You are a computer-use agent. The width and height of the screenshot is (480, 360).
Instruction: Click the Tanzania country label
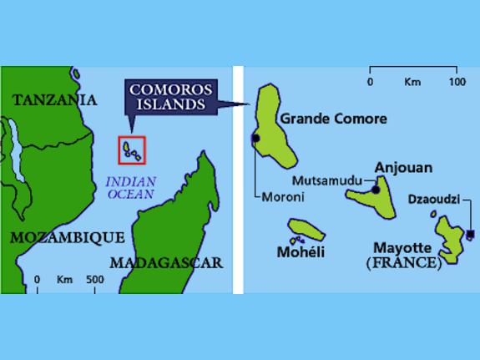(x=54, y=100)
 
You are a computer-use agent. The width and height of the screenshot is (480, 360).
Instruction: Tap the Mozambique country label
(x=68, y=238)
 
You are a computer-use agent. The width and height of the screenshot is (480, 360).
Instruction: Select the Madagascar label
(x=166, y=263)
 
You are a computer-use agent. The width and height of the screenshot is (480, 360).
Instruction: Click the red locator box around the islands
(x=132, y=150)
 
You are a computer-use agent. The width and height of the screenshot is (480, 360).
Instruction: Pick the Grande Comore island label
(x=333, y=119)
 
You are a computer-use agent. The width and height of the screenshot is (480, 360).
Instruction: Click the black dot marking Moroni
(x=255, y=138)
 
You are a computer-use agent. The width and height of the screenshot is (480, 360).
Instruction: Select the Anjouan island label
(x=403, y=168)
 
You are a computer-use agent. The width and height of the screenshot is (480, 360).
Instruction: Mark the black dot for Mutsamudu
(x=376, y=190)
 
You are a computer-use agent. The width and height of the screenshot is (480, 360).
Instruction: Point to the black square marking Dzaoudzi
(x=471, y=234)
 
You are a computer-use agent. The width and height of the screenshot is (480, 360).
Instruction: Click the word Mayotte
(x=402, y=248)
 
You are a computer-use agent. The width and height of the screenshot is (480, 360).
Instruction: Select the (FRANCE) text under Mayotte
(x=404, y=263)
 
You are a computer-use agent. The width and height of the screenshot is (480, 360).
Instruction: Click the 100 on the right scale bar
(x=457, y=82)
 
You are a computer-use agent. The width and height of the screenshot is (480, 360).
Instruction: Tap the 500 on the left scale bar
(x=94, y=280)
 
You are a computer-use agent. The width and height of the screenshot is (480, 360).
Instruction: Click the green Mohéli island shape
(x=306, y=230)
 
